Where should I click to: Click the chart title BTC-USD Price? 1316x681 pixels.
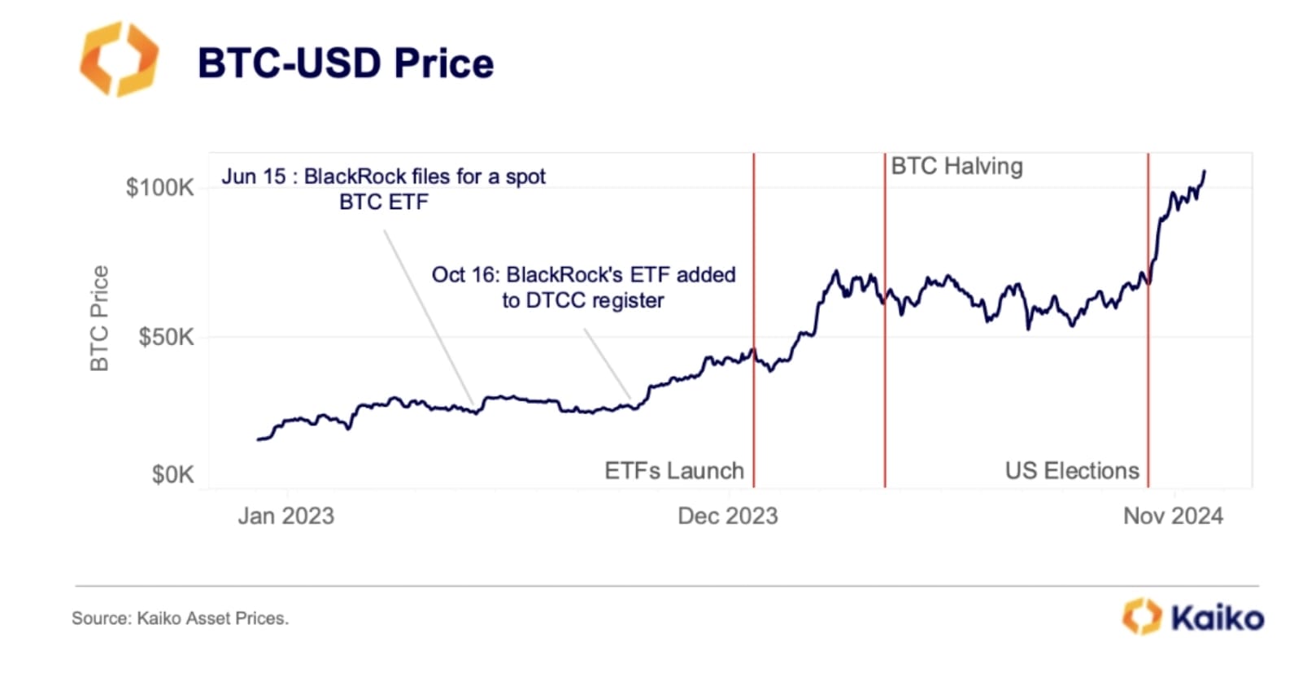[x=345, y=63]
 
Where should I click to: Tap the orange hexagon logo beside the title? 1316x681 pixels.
[x=119, y=59]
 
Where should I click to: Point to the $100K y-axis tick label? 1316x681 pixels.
[x=159, y=188]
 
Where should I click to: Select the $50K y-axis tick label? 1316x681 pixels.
[x=166, y=337]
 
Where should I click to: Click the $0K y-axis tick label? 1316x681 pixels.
[x=172, y=474]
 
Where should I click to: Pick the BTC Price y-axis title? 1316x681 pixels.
[x=99, y=318]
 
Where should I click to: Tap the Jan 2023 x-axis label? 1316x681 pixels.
[x=285, y=516]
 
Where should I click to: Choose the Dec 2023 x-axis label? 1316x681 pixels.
[x=727, y=516]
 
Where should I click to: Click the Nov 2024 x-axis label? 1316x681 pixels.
[x=1172, y=516]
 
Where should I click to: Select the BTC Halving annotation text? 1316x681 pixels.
[x=956, y=167]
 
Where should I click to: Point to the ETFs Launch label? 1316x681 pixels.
[x=673, y=471]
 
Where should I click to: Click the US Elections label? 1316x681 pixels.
[x=1071, y=471]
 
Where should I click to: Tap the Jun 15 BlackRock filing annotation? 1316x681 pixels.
[x=383, y=189]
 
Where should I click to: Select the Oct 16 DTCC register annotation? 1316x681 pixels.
[x=583, y=287]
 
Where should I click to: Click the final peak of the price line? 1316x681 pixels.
[x=1205, y=172]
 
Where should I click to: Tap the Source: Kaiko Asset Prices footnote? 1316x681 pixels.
[x=180, y=618]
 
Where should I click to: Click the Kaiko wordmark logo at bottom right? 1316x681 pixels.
[x=1193, y=618]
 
